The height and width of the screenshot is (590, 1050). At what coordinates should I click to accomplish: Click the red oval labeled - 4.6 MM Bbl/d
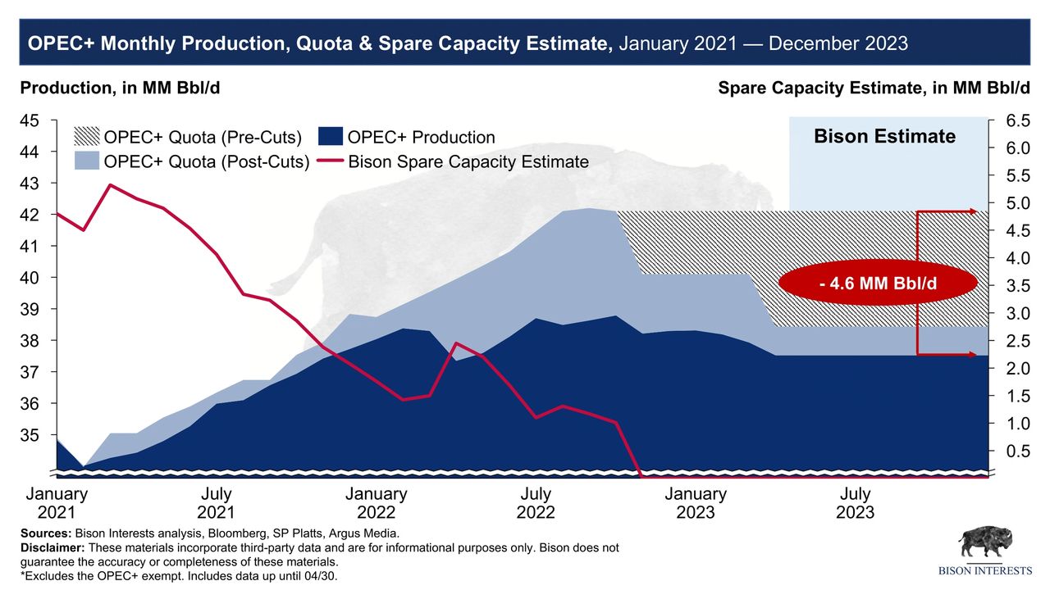pos(878,284)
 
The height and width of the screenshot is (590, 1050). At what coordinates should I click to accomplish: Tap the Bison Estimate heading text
pos(884,136)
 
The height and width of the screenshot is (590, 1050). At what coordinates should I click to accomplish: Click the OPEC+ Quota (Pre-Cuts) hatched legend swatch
pos(85,137)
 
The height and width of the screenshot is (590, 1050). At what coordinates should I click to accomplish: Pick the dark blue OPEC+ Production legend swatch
pos(330,137)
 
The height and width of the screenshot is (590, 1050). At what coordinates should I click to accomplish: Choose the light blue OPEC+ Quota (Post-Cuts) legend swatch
pos(85,161)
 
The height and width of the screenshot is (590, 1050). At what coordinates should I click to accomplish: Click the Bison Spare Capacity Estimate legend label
pos(468,161)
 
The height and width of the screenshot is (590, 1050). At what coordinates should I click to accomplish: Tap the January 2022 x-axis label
pos(376,503)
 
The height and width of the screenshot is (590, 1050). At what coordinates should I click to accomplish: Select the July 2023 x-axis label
pos(856,503)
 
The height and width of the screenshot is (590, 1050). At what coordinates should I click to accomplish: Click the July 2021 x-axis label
pos(216,503)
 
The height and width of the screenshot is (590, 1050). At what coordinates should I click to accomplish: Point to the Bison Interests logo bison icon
pos(986,544)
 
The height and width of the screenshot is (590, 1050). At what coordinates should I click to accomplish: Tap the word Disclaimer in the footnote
pos(52,547)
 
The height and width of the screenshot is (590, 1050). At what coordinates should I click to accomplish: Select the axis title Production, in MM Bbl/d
pos(120,88)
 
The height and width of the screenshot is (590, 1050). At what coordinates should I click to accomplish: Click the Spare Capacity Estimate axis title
pos(873,88)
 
